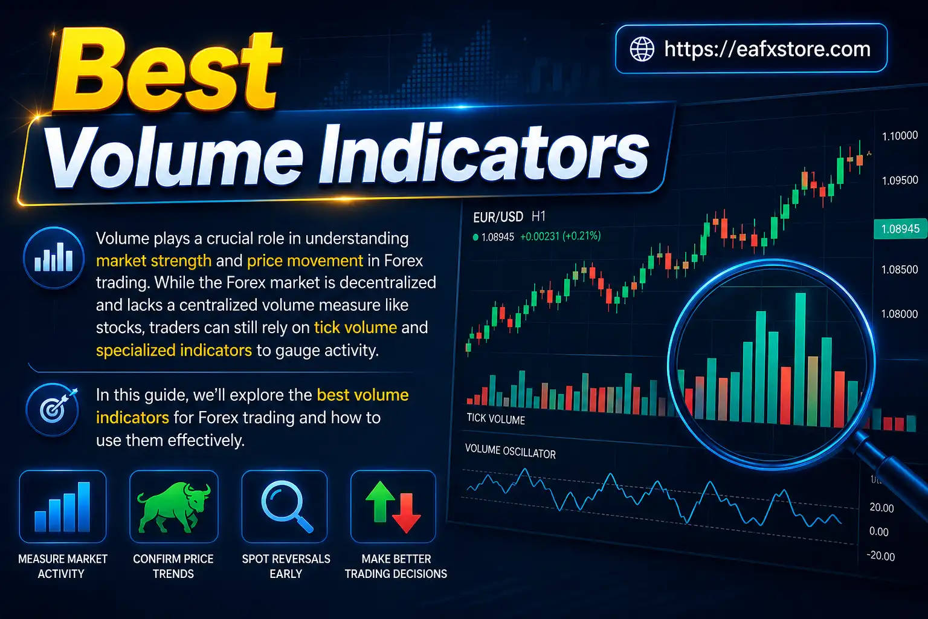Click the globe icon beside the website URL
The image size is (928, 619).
click(642, 49)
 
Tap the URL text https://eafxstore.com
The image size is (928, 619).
click(767, 49)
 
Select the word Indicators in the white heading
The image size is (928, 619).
click(483, 155)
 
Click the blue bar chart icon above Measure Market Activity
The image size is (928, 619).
click(62, 507)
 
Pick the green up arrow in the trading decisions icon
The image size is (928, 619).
click(380, 502)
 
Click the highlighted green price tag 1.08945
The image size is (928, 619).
click(900, 229)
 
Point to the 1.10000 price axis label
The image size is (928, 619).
click(900, 136)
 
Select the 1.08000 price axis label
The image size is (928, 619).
click(899, 314)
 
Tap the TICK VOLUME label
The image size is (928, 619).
click(495, 418)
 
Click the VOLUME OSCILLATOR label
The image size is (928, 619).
click(510, 452)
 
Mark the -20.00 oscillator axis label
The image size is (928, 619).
click(880, 556)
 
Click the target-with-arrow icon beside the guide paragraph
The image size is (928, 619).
click(53, 410)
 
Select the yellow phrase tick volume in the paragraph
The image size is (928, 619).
click(355, 328)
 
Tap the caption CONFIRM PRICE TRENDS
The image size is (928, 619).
click(173, 566)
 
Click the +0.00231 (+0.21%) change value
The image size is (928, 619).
click(560, 236)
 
